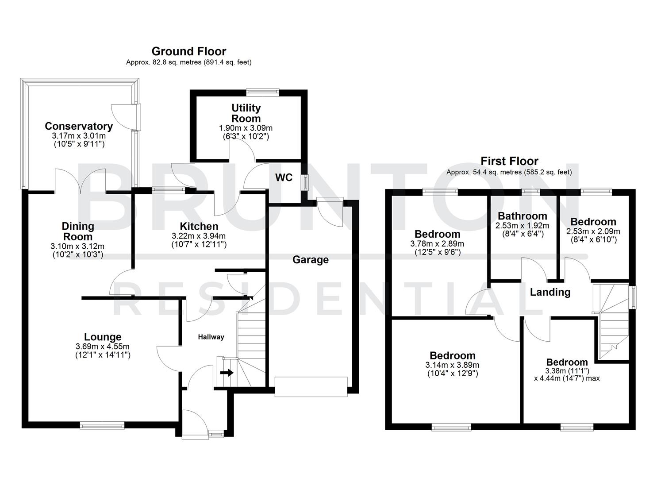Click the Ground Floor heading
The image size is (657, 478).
[x=188, y=51]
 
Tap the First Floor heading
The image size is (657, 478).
[x=509, y=161]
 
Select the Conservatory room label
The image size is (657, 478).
[x=79, y=126]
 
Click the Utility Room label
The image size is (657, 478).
[x=246, y=113]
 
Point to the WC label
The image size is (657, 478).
[x=284, y=177]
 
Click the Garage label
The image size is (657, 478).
[x=310, y=260]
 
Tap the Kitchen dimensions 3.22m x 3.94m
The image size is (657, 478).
[x=199, y=236]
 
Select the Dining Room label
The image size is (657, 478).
[x=78, y=231]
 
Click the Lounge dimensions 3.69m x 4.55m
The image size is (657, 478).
[x=103, y=347]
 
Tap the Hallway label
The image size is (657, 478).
[x=211, y=337]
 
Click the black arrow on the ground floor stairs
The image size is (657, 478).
[x=227, y=373]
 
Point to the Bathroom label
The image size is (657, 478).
[x=522, y=216]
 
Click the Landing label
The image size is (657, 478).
[x=550, y=292]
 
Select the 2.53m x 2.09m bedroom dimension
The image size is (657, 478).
[x=593, y=231]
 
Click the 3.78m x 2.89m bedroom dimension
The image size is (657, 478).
[x=437, y=244]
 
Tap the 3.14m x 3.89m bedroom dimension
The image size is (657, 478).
[x=452, y=365]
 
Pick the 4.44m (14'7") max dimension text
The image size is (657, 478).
[x=567, y=378]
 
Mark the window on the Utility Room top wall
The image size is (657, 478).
[x=263, y=92]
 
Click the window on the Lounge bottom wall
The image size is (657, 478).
[x=102, y=425]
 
